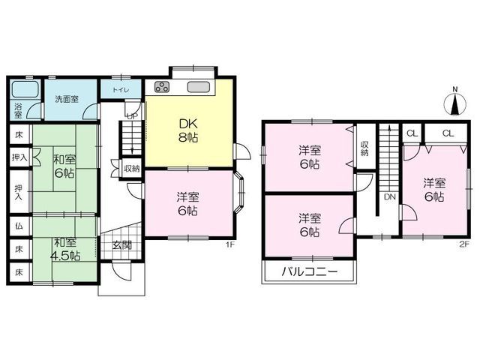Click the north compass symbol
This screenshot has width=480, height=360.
455,103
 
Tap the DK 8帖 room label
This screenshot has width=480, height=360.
188,131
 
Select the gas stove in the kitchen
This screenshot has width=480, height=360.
162,86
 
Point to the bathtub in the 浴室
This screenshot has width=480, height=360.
25,89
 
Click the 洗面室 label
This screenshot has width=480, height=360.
67,99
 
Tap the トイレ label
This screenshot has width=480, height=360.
121,90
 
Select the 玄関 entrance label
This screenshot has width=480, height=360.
121,245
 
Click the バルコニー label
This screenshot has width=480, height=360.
309,271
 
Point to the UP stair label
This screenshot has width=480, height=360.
133,116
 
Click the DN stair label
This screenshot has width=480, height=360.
390,196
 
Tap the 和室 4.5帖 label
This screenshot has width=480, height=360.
65,249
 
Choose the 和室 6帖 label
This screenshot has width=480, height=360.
64,166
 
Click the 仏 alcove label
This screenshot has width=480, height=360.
19,226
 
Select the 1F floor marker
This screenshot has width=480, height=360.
229,245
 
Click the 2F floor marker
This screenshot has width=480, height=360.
464,245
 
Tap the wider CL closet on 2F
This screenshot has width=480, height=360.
448,133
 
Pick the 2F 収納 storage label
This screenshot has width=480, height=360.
364,148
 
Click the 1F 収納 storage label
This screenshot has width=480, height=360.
132,168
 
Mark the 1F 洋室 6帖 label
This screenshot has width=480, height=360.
187,204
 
